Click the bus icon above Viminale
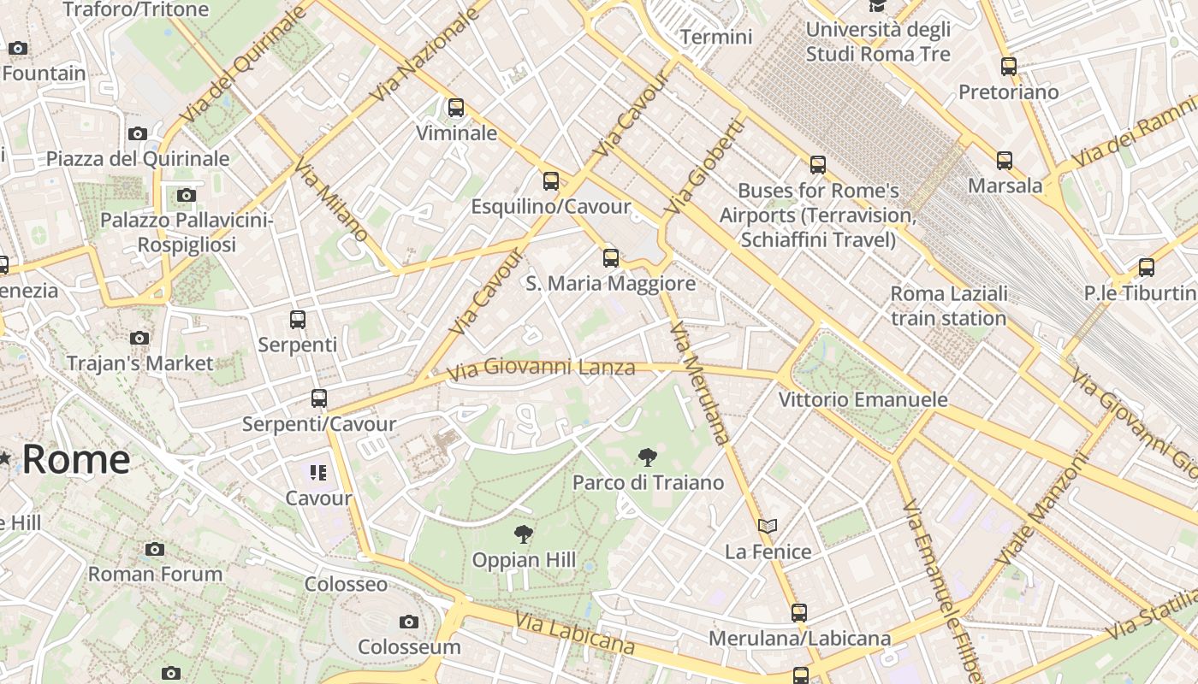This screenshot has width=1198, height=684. click(x=456, y=108)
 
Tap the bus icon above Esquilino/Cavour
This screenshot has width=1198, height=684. click(x=551, y=181)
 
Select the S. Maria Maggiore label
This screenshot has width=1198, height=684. click(x=610, y=283)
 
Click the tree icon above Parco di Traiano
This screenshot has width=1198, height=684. click(x=648, y=457)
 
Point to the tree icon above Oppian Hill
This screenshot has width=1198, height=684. click(x=523, y=535)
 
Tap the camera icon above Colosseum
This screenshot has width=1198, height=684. click(x=409, y=622)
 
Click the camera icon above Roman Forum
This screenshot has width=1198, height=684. click(x=155, y=549)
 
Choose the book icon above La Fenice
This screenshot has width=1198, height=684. click(x=768, y=526)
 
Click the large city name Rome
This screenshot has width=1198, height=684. click(x=75, y=459)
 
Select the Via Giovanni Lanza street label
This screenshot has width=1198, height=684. click(x=541, y=369)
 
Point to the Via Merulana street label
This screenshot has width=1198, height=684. click(x=700, y=383)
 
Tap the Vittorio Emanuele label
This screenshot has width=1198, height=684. click(x=863, y=399)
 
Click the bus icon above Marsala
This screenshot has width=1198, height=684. click(x=1005, y=160)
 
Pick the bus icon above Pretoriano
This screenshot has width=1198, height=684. click(x=1009, y=67)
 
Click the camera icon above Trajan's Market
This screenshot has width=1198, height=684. click(x=139, y=339)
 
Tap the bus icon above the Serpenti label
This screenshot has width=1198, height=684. click(x=298, y=320)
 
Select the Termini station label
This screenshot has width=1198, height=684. click(x=716, y=37)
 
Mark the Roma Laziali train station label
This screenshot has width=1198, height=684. click(x=948, y=306)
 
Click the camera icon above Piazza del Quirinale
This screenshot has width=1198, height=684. click(x=137, y=133)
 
